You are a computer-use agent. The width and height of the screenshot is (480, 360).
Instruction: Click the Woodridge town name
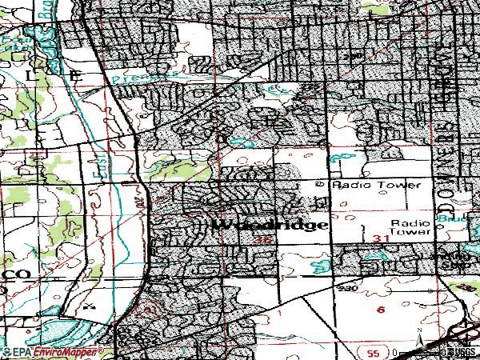pos(271,225)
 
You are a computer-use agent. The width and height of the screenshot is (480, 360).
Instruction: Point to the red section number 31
pos(381,239)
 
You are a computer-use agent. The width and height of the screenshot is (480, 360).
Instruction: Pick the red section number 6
pos(381,309)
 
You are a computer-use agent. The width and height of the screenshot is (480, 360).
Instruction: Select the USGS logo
pos(459,352)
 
